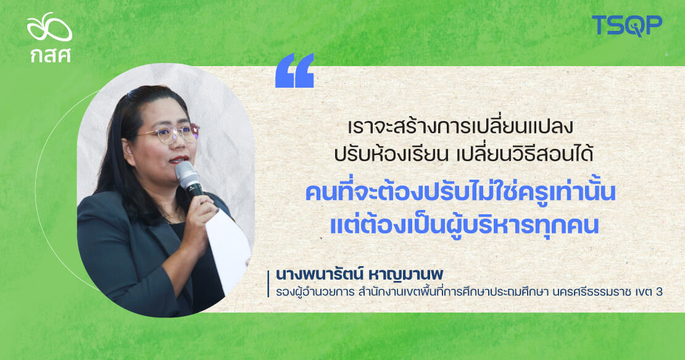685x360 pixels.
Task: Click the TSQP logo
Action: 627,25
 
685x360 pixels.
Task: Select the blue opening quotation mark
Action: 294,70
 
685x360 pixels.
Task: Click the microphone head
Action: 186,174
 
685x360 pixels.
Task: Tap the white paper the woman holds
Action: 228,248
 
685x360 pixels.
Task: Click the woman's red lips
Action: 179,159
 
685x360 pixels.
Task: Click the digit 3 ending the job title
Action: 659,292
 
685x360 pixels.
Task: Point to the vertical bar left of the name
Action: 268,284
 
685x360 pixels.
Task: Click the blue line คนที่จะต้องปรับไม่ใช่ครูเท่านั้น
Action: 460,193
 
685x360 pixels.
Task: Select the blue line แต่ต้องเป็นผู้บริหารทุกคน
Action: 464,225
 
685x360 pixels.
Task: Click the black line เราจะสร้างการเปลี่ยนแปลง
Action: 460,127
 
